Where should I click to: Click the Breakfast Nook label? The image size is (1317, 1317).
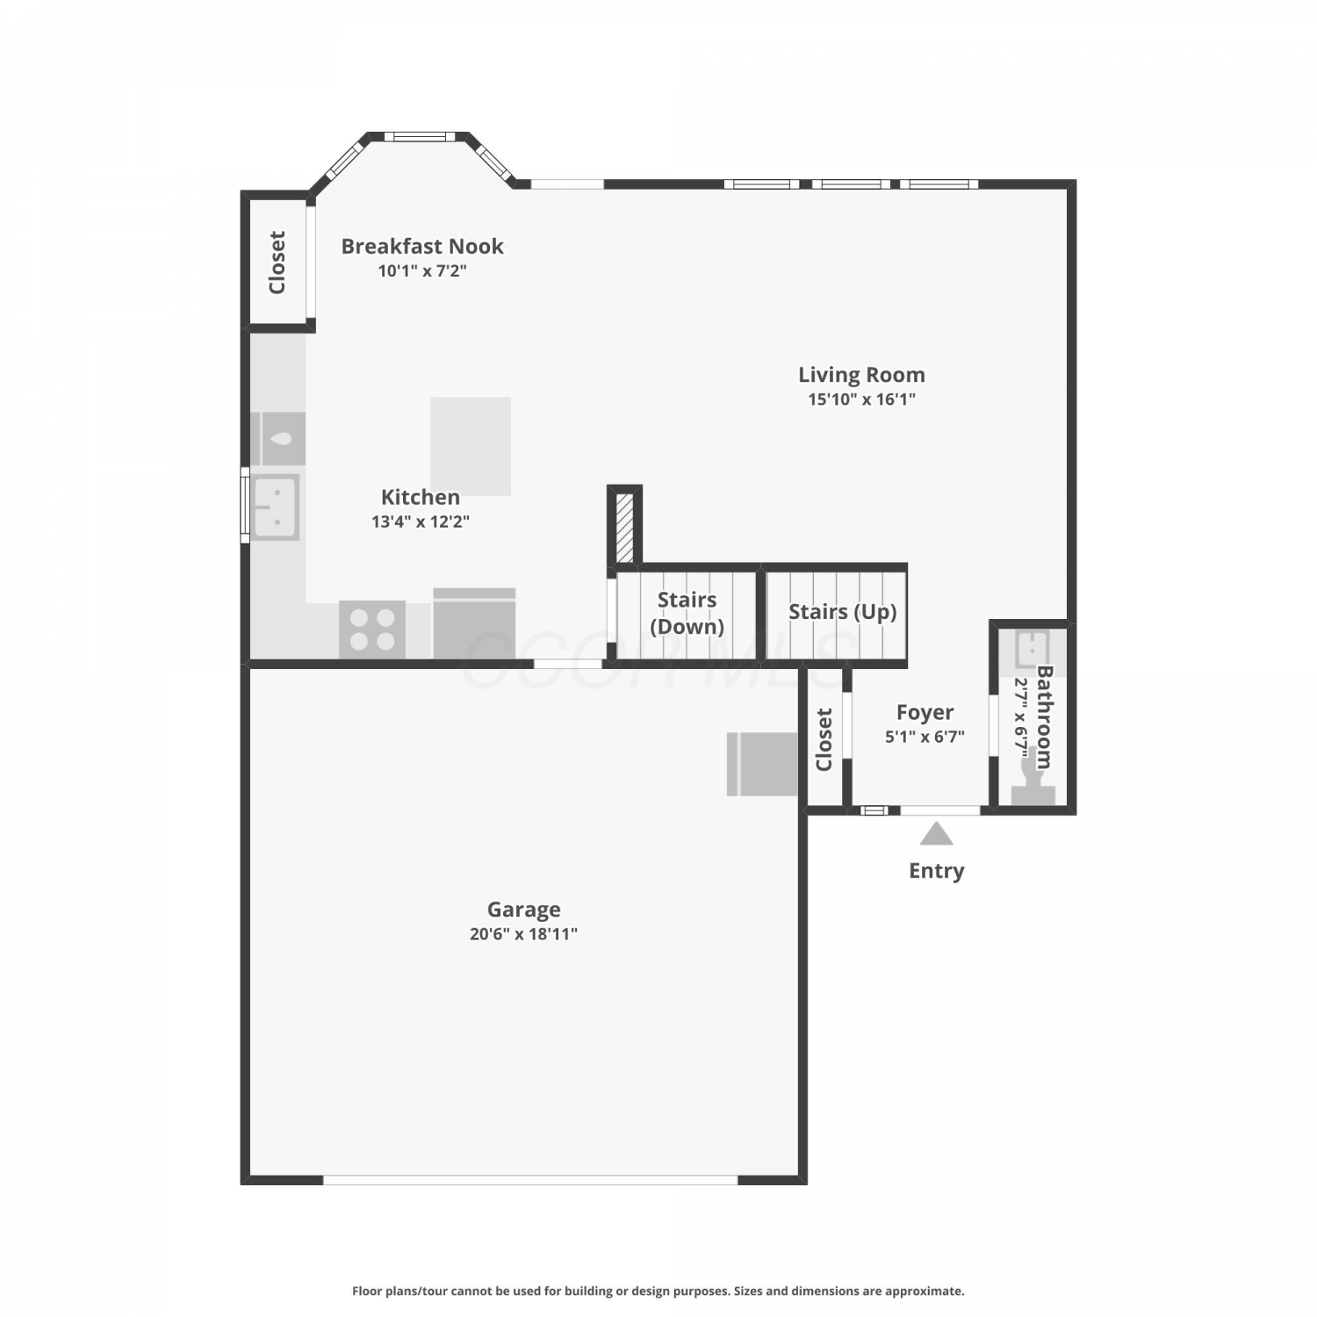422,246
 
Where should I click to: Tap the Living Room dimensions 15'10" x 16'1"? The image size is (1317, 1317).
861,399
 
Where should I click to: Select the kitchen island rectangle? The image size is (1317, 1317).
471,446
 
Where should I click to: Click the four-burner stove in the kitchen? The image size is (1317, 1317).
372,630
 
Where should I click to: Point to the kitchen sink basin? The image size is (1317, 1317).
276,507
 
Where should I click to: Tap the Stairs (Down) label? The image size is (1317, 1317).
687,613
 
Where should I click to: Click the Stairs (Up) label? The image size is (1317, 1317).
843,612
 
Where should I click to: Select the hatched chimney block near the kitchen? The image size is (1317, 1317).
624,529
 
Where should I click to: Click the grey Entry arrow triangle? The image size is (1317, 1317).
937,833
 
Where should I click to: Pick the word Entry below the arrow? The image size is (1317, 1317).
937,871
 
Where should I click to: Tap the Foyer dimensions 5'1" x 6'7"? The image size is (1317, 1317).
925,737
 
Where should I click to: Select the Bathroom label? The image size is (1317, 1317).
1045,717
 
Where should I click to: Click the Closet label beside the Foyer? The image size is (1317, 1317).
824,739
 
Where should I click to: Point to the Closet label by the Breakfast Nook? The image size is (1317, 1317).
277,263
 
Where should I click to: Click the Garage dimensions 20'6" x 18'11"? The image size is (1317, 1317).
523,934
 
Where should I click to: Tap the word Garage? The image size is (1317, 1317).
524,910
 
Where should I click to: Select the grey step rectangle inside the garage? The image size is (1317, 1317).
762,764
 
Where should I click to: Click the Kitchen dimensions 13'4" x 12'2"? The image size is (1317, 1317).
421,522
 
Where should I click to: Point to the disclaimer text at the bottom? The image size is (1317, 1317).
658,1291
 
